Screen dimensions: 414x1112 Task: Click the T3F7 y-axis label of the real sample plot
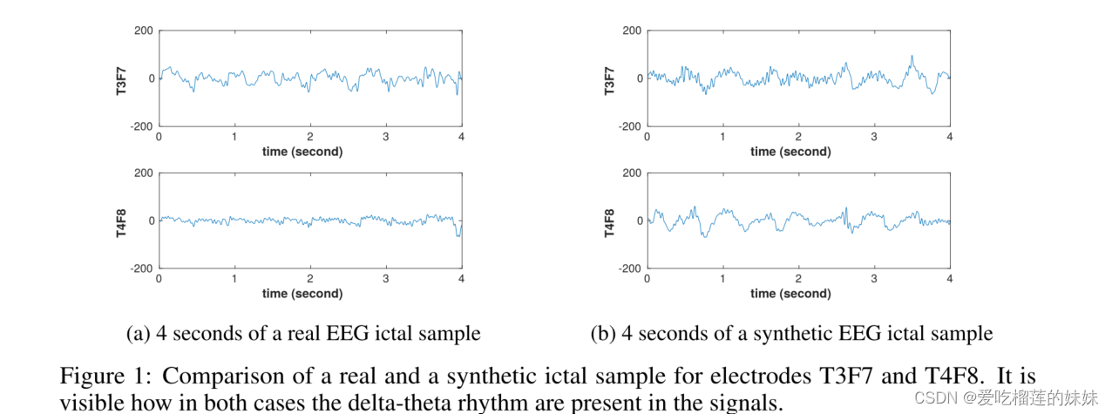[x=122, y=78]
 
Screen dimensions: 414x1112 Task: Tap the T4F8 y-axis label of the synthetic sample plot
[x=610, y=221]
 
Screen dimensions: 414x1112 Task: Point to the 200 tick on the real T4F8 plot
[x=144, y=173]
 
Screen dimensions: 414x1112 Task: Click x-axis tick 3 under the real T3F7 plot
[x=386, y=138]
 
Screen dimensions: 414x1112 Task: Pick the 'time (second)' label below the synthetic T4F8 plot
[x=790, y=294]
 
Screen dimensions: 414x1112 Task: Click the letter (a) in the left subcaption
[x=138, y=334]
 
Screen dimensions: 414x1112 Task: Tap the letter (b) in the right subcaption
[x=602, y=334]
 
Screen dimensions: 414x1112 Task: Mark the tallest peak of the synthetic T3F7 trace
[x=912, y=57]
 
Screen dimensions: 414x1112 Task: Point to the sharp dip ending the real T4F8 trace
[x=458, y=234]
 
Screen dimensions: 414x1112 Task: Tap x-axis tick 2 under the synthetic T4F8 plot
[x=798, y=280]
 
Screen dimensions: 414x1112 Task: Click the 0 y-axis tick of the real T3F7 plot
[x=152, y=78]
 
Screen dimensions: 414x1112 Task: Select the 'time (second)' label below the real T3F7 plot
[x=302, y=152]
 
